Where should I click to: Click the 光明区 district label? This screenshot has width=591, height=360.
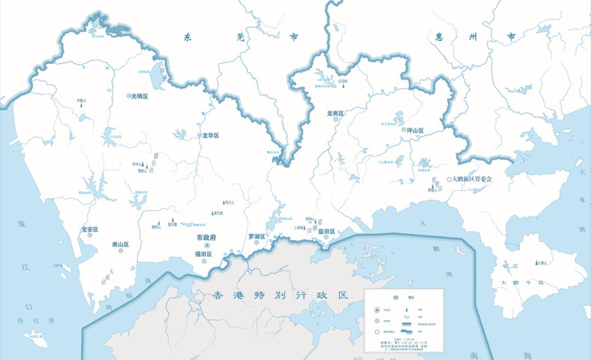pos(140,96)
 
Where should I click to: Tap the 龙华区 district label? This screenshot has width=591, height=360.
pos(211,135)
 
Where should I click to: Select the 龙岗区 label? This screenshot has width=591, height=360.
pos(335,113)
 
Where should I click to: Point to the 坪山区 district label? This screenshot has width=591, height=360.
pos(415,131)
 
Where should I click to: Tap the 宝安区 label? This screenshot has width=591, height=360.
pos(90,230)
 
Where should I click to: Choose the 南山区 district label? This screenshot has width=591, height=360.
pos(120,245)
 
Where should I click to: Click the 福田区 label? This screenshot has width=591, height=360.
pos(204,254)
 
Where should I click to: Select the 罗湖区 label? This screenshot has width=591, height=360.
pos(257,237)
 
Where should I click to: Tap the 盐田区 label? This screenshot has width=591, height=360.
pos(327,231)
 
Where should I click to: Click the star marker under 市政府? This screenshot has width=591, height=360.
pos(207,246)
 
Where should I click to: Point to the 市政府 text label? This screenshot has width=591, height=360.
pos(207,238)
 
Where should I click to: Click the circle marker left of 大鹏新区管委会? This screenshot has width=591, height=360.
pos(449,179)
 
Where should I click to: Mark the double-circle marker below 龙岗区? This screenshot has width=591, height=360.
pos(335,119)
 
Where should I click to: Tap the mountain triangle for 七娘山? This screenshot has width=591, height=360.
pos(536,263)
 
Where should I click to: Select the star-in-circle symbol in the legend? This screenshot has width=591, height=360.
pos(377,310)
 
